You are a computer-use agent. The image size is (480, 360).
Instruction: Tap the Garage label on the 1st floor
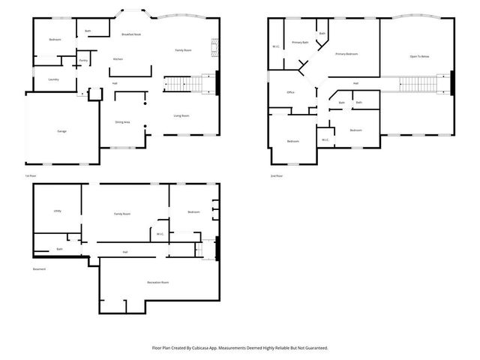click(x=61, y=131)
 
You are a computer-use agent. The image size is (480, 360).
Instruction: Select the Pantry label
click(x=84, y=60)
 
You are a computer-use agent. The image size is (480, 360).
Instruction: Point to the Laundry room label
click(x=53, y=79)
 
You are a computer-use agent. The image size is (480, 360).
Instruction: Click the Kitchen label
click(x=118, y=59)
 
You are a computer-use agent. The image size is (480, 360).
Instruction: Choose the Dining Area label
click(x=122, y=121)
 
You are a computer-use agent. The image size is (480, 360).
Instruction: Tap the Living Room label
click(x=181, y=115)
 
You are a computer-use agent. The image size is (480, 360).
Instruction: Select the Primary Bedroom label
click(x=346, y=54)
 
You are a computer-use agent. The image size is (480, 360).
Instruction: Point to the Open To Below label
click(x=419, y=56)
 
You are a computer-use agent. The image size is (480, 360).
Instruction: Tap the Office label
click(x=290, y=92)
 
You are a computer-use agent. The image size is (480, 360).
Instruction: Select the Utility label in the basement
click(x=58, y=211)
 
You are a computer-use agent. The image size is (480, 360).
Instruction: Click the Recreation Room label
click(x=157, y=282)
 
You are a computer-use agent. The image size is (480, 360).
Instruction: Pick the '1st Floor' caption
click(x=30, y=175)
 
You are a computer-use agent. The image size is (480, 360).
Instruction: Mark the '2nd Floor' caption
click(x=277, y=175)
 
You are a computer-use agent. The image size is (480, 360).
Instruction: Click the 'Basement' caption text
click(x=39, y=269)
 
